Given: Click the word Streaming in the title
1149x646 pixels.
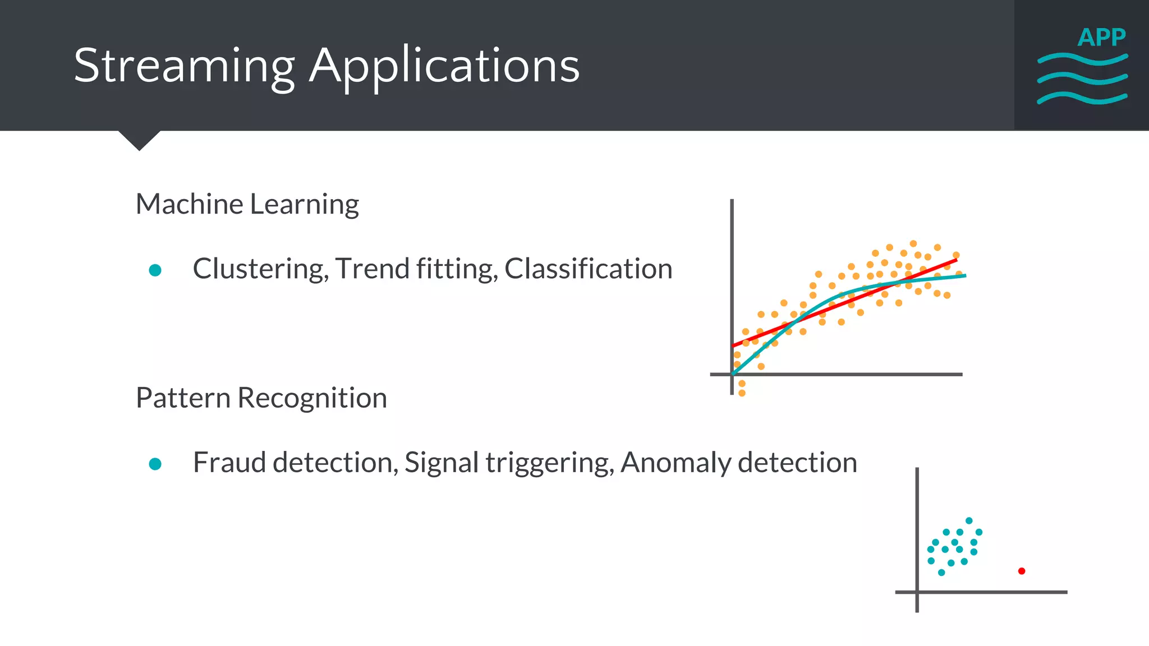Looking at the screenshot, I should tap(184, 66).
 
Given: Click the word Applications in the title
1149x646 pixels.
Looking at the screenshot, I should tap(444, 66).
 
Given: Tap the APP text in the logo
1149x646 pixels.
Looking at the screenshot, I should tap(1101, 38).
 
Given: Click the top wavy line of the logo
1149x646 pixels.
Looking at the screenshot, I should tap(1082, 58).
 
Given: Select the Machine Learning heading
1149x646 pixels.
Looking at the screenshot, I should tap(247, 204).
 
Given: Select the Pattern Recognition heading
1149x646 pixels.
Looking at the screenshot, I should tap(261, 398).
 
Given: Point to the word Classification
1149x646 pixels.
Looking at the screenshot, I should tap(588, 269).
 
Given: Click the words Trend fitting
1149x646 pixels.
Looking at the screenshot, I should tap(416, 269).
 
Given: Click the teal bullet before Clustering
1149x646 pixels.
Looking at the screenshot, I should tap(155, 270).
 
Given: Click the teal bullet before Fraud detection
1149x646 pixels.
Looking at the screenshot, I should tap(155, 464).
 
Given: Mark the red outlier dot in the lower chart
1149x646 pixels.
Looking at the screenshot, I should tap(1022, 571).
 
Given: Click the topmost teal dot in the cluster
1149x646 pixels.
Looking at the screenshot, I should tap(969, 520).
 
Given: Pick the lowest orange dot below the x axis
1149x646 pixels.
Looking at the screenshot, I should tap(742, 393).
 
